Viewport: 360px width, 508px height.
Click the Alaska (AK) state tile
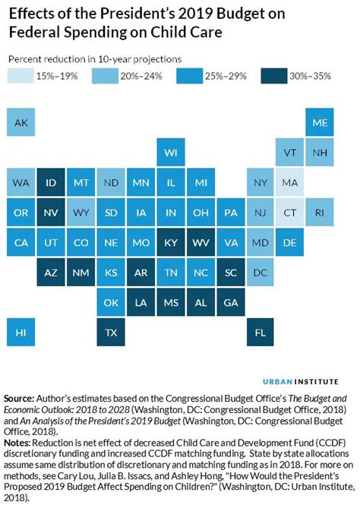click(21, 122)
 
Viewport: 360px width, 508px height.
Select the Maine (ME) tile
click(321, 122)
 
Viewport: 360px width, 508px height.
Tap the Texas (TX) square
click(111, 332)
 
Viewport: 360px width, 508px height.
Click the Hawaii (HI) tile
click(21, 332)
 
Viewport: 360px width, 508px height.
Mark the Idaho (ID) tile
click(52, 182)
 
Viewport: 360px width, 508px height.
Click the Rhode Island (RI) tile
click(321, 212)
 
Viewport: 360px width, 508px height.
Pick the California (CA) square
click(21, 242)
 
